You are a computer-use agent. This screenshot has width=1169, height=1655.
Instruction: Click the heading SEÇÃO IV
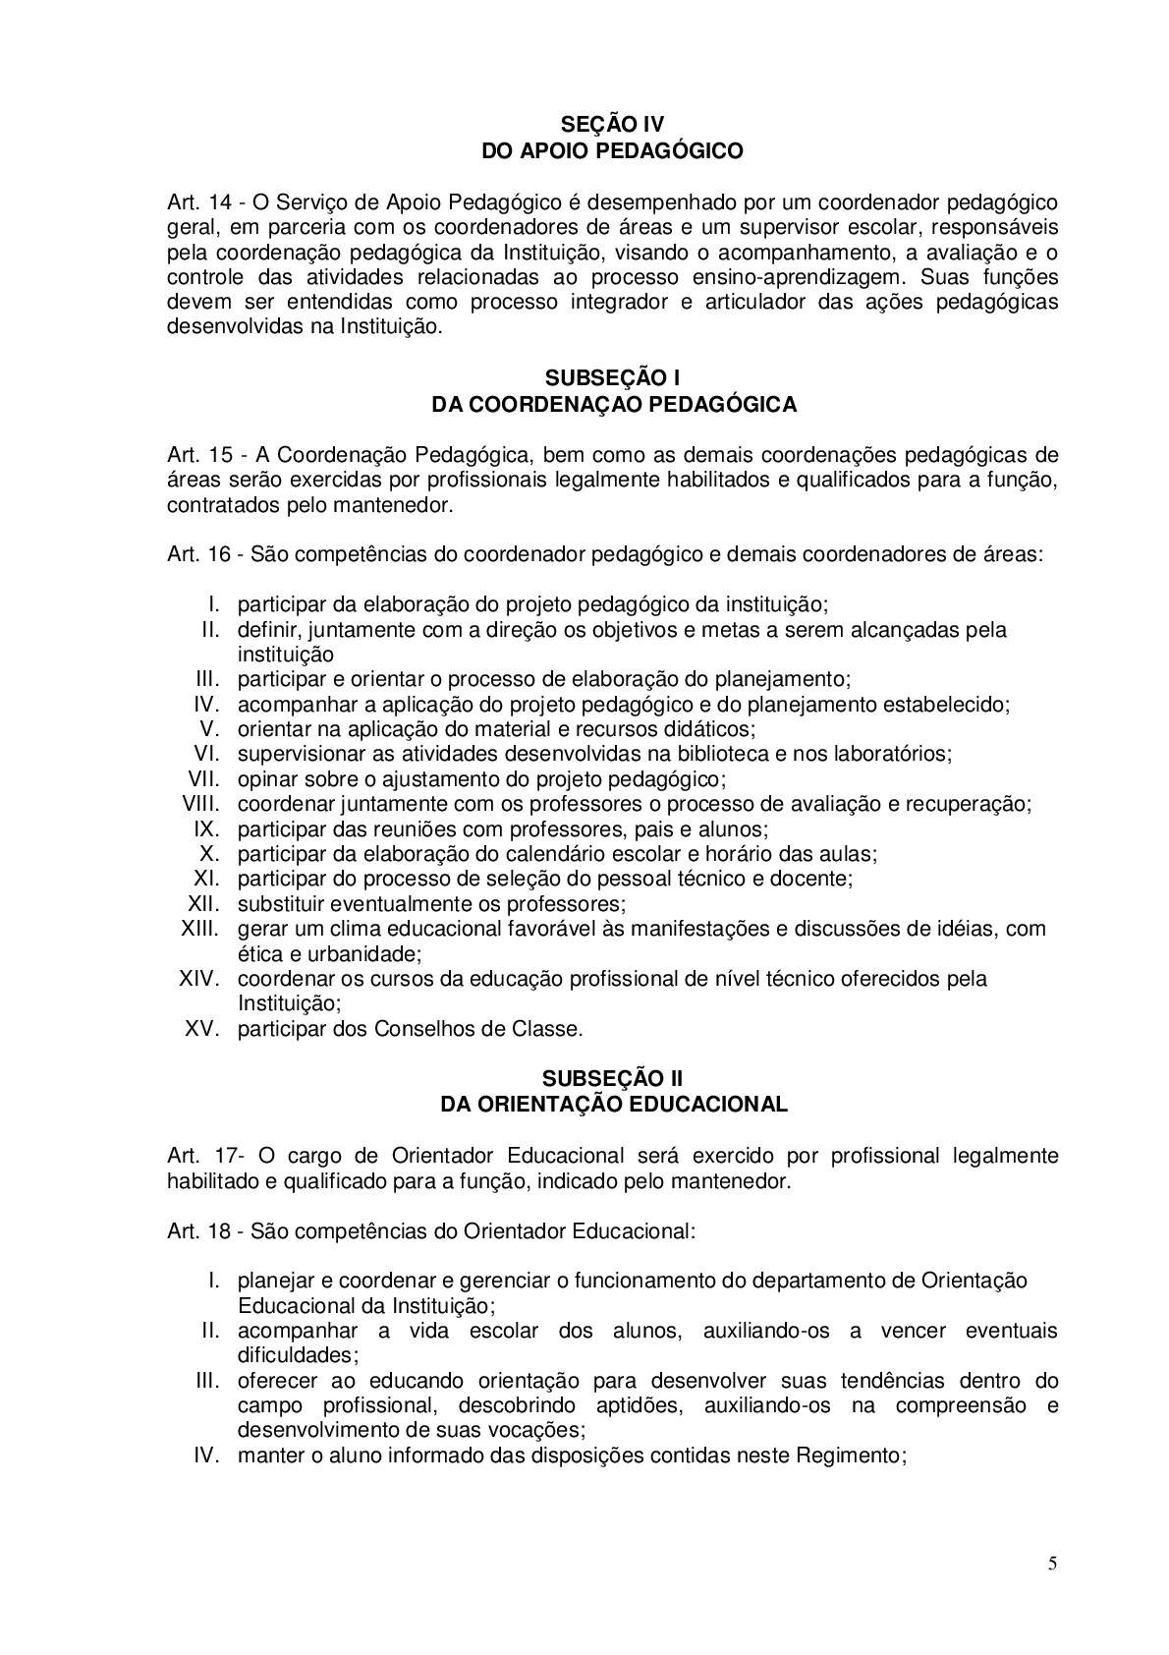tap(612, 125)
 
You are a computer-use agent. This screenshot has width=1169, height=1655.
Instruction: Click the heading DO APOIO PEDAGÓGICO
tap(612, 150)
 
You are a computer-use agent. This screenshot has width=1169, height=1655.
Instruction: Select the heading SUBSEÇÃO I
tap(612, 378)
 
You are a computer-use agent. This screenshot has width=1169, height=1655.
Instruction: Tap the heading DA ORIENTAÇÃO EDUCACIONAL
tap(614, 1104)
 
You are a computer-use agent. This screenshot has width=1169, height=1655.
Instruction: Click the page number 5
tap(1053, 1565)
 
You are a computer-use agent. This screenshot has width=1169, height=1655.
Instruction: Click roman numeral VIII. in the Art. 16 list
tap(204, 804)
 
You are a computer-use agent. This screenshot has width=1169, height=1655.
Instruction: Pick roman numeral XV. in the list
tap(206, 1029)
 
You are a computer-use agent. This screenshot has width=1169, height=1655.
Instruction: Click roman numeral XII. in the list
tap(207, 903)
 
